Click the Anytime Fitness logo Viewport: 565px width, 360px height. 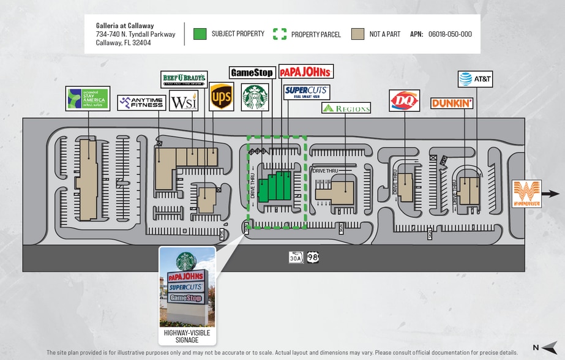click(x=141, y=103)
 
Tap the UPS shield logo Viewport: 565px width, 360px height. click(x=221, y=97)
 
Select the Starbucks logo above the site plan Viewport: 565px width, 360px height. click(x=255, y=97)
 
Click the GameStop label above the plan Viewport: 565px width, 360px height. click(x=252, y=72)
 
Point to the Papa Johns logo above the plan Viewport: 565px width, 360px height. click(x=305, y=72)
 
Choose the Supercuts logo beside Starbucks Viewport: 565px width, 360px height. click(x=306, y=92)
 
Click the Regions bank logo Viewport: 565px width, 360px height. click(x=346, y=108)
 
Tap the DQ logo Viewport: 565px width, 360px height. click(x=404, y=100)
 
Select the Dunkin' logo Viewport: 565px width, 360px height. click(x=452, y=103)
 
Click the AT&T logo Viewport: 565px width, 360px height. click(x=475, y=79)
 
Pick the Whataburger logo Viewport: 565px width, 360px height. click(x=526, y=194)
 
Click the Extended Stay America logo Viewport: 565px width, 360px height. click(x=88, y=99)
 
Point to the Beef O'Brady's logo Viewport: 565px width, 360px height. click(x=184, y=80)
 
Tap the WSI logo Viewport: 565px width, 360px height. click(x=184, y=101)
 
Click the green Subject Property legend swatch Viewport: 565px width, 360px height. click(x=200, y=34)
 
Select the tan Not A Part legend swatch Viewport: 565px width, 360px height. click(x=357, y=34)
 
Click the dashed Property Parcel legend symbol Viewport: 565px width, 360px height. click(x=279, y=34)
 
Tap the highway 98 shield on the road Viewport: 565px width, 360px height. click(x=313, y=257)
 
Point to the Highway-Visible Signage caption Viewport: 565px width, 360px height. click(x=187, y=336)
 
